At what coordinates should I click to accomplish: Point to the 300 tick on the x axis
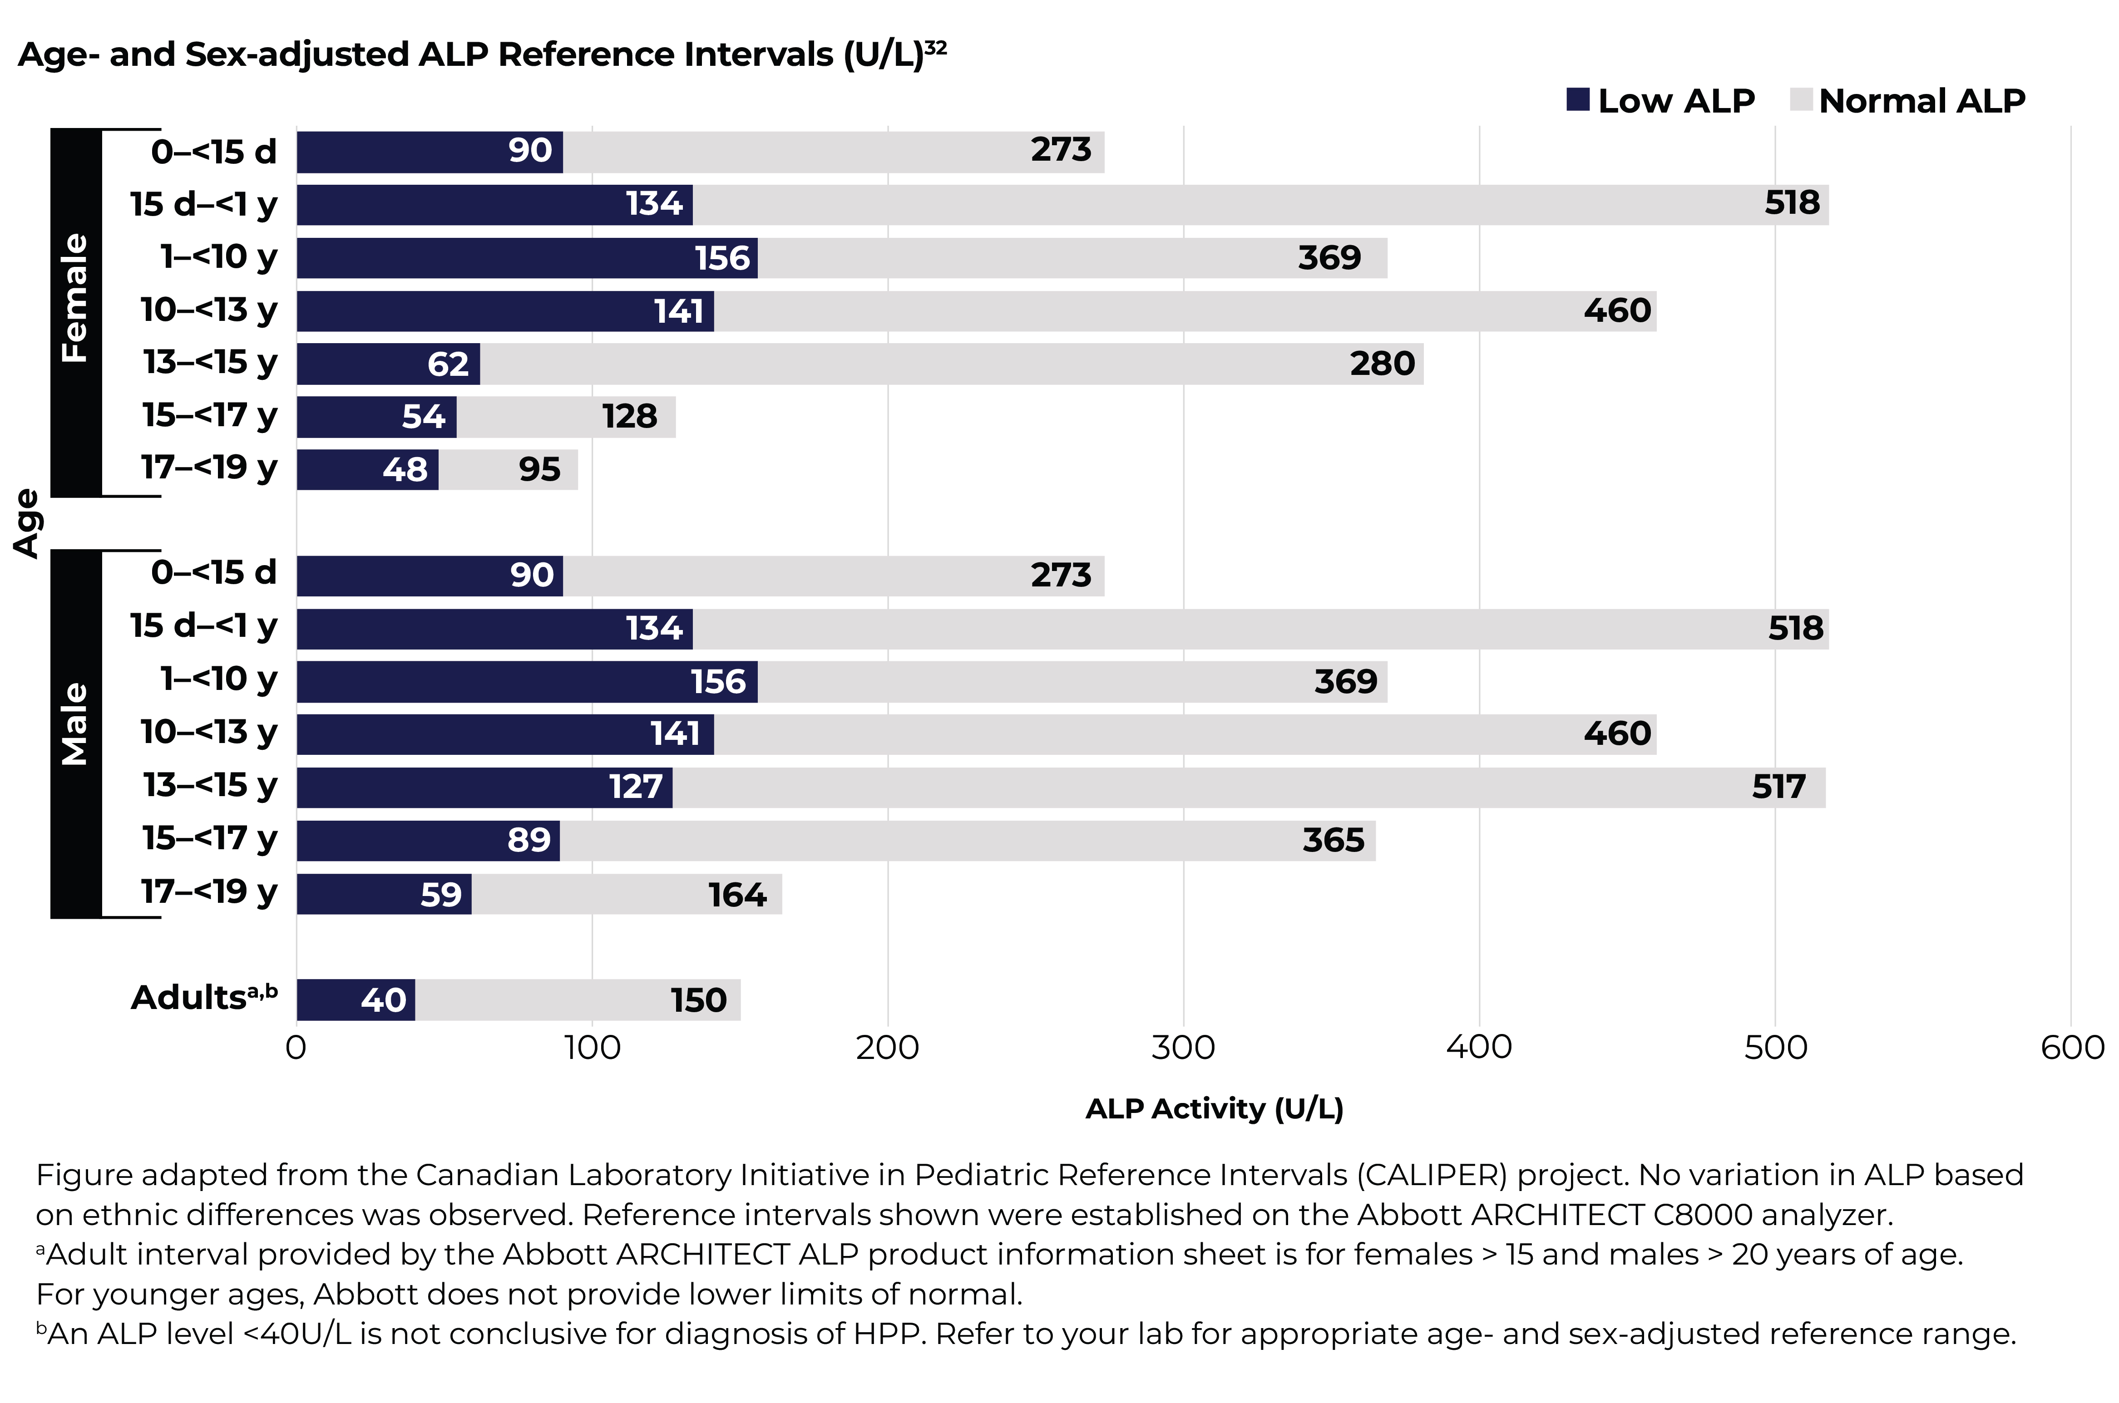(1183, 1047)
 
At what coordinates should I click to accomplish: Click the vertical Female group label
(75, 298)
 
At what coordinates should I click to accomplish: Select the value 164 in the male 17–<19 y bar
(737, 895)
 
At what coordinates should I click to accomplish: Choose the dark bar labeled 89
(428, 841)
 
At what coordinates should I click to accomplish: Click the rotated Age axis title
(27, 523)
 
